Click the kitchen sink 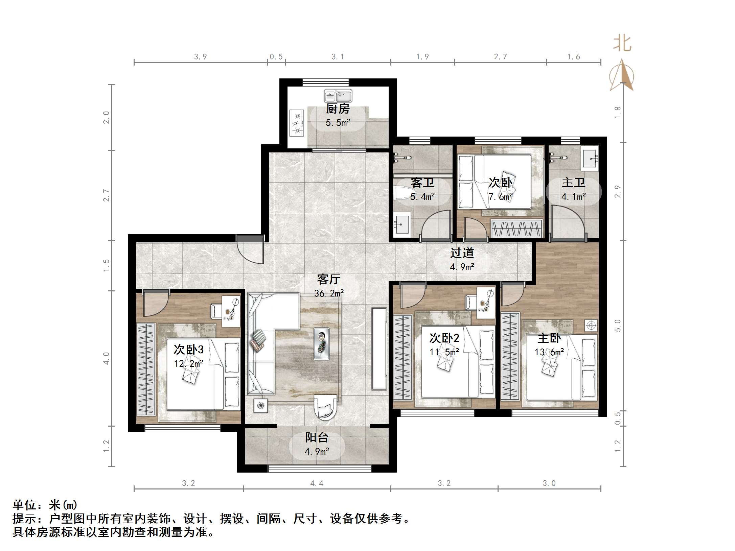[x=338, y=96]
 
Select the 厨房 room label [x=338, y=109]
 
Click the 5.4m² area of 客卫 [x=422, y=196]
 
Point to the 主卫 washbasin [x=590, y=158]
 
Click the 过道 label [x=462, y=253]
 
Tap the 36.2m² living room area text [x=329, y=293]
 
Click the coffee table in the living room [x=321, y=343]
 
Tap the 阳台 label [x=317, y=437]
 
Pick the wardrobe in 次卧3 [x=146, y=369]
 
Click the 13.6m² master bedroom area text [x=549, y=352]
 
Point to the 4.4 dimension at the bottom [x=317, y=483]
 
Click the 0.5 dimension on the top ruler [x=276, y=57]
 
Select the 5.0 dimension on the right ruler [x=618, y=326]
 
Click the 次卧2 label [x=444, y=338]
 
